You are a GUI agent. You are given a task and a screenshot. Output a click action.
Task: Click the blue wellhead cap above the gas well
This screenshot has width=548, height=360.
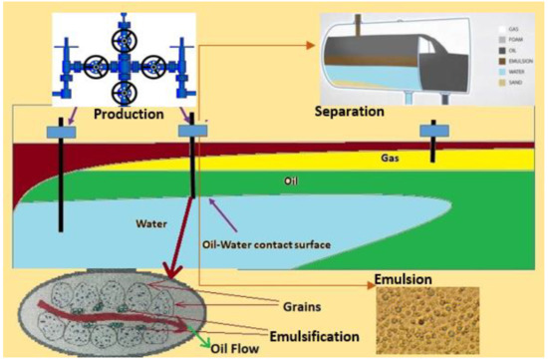tap(432, 130)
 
